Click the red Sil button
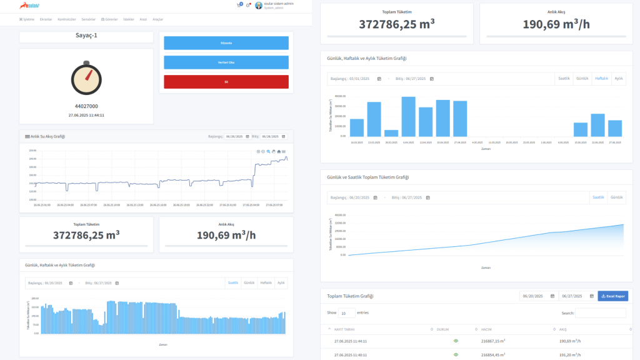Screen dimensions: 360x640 point(226,82)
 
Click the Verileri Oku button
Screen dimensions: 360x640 point(226,62)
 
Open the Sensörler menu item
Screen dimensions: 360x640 point(88,19)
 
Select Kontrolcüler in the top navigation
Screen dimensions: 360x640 point(67,19)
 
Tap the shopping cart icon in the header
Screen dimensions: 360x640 point(239,5)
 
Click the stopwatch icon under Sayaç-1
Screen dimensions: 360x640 point(86,77)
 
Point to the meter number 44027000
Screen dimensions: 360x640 point(86,106)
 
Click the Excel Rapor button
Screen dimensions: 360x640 point(612,296)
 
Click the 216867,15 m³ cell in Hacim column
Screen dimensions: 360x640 point(493,341)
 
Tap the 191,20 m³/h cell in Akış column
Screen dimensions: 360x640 point(570,354)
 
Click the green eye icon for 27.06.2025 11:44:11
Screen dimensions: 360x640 point(456,341)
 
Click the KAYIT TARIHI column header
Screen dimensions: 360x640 point(346,329)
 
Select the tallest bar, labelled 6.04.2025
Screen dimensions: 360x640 point(408,117)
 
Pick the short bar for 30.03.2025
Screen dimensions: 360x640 point(391,133)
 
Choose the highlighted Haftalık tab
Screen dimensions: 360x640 point(601,79)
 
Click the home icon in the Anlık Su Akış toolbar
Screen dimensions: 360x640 point(279,151)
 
